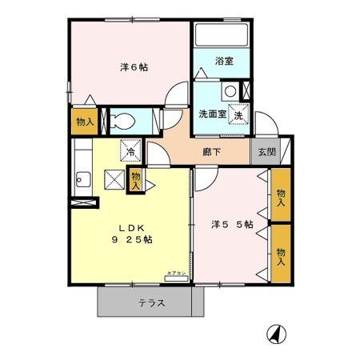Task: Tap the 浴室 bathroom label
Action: pos(224,62)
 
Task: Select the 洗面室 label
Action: pos(214,114)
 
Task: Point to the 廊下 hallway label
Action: pos(212,149)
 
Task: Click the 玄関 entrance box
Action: pos(263,150)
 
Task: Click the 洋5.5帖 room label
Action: pos(232,225)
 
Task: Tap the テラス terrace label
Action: pos(151,302)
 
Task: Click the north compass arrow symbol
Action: pos(274,334)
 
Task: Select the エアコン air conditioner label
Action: pos(176,274)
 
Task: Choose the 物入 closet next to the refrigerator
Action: pos(136,179)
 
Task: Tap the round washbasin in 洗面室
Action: pos(230,90)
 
